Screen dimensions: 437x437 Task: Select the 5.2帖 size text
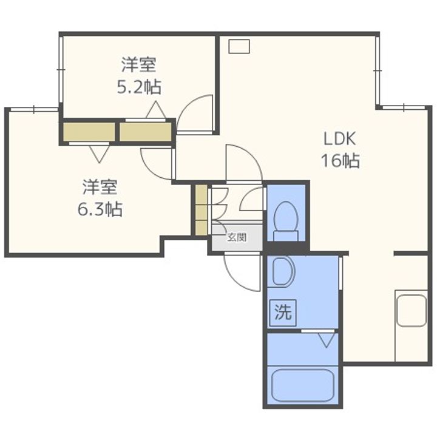pos(139,87)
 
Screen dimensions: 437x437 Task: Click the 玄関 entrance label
pos(237,237)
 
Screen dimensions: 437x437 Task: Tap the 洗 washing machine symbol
pos(283,313)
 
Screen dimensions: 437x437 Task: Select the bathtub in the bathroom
pos(302,384)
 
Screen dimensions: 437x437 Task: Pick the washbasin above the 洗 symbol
pos(282,272)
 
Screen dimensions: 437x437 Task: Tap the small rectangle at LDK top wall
pos(239,44)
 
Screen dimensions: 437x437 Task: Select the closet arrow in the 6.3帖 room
pos(99,153)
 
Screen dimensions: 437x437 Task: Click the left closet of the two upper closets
pos(89,133)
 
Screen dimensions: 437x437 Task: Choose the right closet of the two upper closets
pos(145,133)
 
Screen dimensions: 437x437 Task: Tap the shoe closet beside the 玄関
pos(201,209)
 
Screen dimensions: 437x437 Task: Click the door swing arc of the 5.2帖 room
pos(197,113)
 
